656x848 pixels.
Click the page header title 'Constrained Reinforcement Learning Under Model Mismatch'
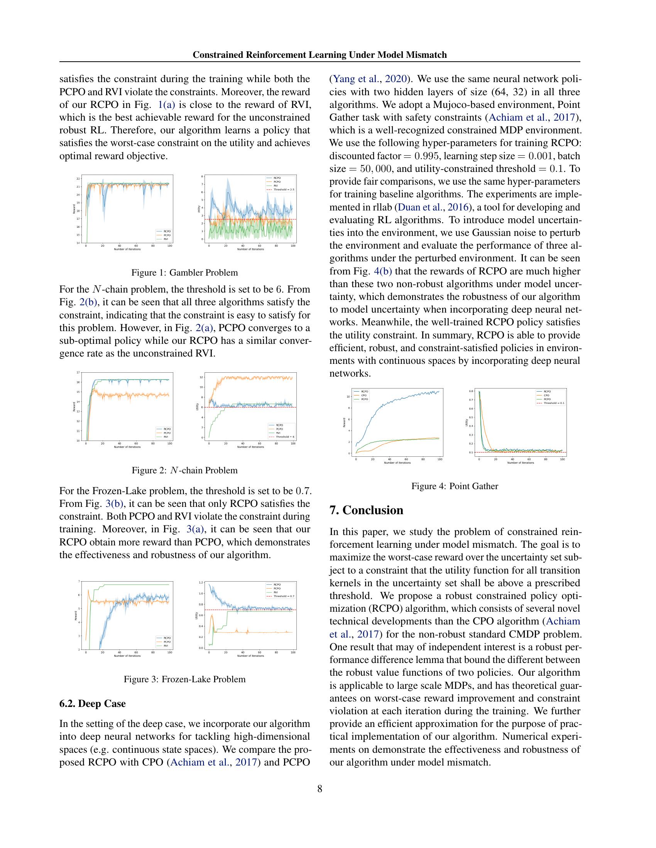point(320,55)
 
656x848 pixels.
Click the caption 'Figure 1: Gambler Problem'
point(184,273)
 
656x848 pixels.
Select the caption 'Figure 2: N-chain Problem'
point(184,470)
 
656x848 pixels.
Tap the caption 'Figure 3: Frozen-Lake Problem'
point(184,679)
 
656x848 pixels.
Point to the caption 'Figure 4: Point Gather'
point(455,486)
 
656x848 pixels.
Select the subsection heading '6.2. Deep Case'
point(93,703)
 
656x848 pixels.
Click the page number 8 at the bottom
point(320,789)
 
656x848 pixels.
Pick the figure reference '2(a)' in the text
point(205,328)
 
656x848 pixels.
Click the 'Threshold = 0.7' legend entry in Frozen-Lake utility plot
point(284,596)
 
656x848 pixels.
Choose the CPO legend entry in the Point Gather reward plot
point(364,395)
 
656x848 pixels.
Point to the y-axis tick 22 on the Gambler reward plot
point(78,178)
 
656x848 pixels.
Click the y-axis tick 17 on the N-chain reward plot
point(78,373)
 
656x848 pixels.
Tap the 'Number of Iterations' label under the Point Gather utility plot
point(521,463)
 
